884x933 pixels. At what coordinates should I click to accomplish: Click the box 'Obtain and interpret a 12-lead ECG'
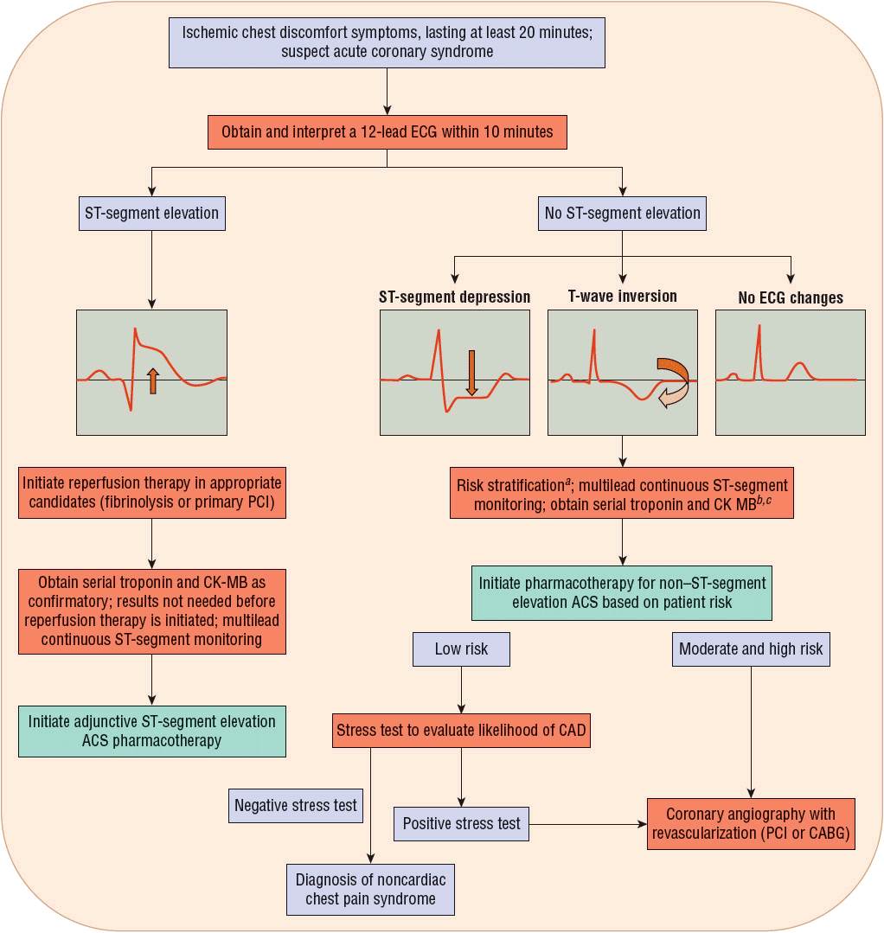point(387,133)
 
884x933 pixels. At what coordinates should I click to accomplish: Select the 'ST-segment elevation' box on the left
point(152,212)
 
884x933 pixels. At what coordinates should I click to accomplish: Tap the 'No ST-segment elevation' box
point(623,212)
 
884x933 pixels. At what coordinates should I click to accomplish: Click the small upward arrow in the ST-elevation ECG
point(153,380)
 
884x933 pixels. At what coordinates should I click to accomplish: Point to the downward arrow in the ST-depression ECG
point(471,372)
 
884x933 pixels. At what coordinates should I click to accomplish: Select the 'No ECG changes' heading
point(791,297)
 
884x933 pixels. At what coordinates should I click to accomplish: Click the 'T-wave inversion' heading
point(622,297)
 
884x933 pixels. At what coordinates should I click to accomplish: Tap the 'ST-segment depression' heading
point(455,297)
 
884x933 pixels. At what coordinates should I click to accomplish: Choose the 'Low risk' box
point(460,649)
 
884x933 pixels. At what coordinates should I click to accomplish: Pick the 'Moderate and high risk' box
point(751,649)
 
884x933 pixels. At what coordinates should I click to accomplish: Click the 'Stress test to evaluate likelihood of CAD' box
point(460,730)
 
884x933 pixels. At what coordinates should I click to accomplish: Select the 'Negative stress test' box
point(296,805)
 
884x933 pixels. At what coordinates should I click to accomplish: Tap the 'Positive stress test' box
point(462,823)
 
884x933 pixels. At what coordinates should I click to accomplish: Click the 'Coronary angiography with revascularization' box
point(751,824)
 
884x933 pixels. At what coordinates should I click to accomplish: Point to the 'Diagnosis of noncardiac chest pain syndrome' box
point(370,889)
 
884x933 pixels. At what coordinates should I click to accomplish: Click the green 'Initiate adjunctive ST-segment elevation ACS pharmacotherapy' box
point(152,731)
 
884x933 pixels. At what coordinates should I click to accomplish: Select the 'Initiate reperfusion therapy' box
point(152,493)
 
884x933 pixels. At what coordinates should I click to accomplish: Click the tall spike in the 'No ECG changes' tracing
point(759,346)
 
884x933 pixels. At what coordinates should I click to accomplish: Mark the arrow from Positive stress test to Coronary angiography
point(588,824)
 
